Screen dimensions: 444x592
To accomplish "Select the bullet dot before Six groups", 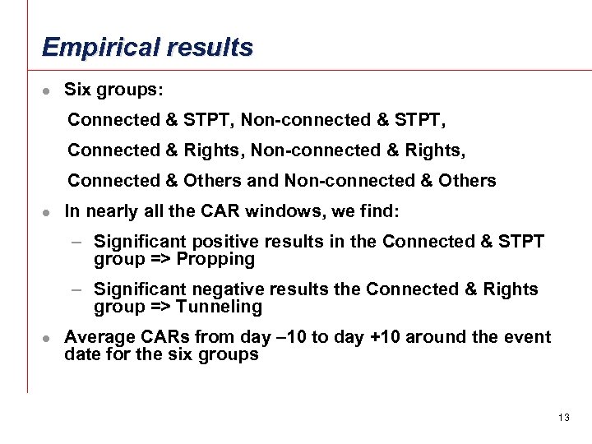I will (48, 90).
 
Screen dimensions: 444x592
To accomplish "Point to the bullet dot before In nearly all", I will (48, 212).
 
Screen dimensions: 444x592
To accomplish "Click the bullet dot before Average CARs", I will (48, 338).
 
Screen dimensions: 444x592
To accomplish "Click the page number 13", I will (563, 418).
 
